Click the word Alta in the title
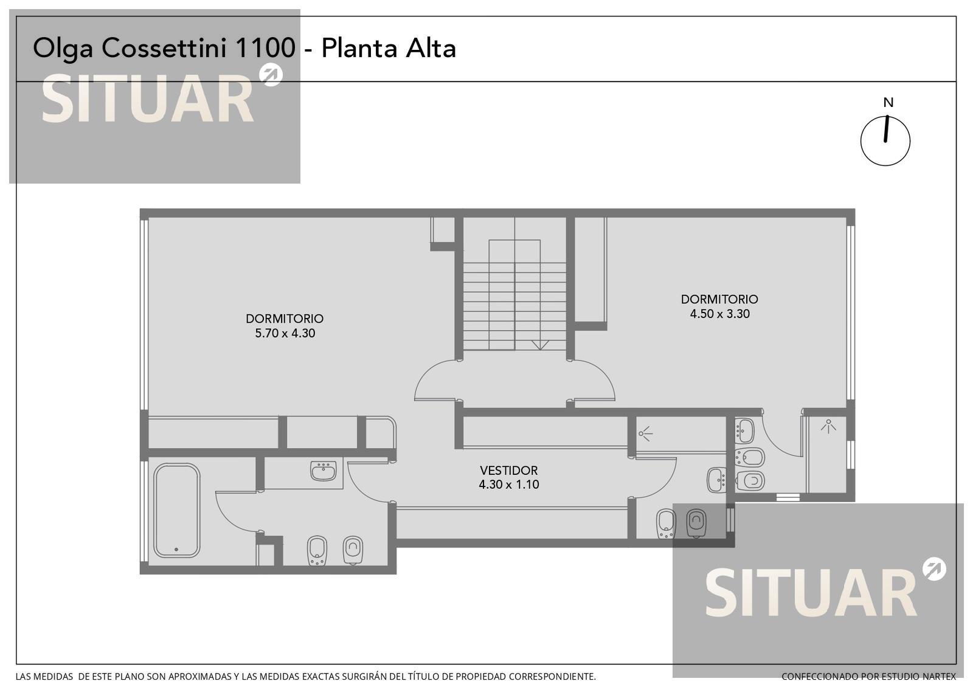click(x=431, y=48)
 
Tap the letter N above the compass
click(x=888, y=103)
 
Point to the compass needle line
click(x=886, y=128)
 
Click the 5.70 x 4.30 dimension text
click(x=285, y=333)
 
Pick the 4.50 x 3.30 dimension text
click(x=720, y=314)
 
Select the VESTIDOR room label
click(x=508, y=471)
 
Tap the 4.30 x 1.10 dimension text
click(x=508, y=485)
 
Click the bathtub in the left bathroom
click(x=177, y=510)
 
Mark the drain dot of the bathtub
click(x=176, y=550)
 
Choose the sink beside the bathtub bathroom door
click(x=323, y=471)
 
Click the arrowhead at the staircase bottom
click(x=541, y=345)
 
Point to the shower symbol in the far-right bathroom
click(x=828, y=426)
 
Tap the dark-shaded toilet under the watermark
click(x=696, y=523)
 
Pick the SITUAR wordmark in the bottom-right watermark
click(x=811, y=593)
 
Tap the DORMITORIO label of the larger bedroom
click(x=285, y=319)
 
